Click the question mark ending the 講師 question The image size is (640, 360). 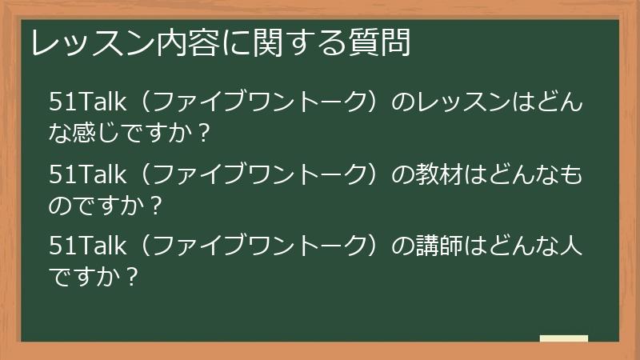133,277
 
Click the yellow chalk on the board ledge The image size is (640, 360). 563,339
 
